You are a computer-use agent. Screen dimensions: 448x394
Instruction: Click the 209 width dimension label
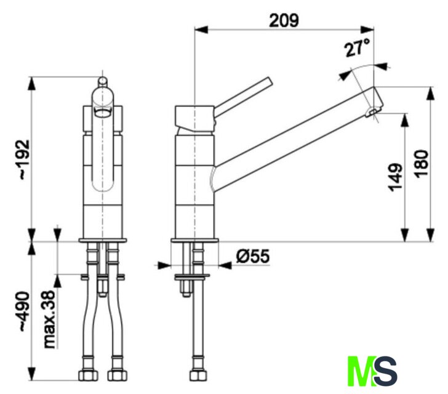[284, 20]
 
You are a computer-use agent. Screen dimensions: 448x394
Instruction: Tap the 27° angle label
[357, 48]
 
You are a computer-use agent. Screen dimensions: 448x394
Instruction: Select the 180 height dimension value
[422, 164]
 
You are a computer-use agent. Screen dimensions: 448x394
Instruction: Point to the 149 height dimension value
[396, 177]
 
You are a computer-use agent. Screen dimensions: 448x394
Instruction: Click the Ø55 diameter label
[253, 256]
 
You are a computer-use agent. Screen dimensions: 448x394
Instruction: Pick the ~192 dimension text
[25, 160]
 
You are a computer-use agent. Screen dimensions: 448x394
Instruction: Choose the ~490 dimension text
[25, 312]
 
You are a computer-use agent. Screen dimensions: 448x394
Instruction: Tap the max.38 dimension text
[49, 320]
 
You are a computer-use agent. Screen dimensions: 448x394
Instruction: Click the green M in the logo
[361, 371]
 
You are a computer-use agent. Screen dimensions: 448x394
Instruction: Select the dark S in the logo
[386, 371]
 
